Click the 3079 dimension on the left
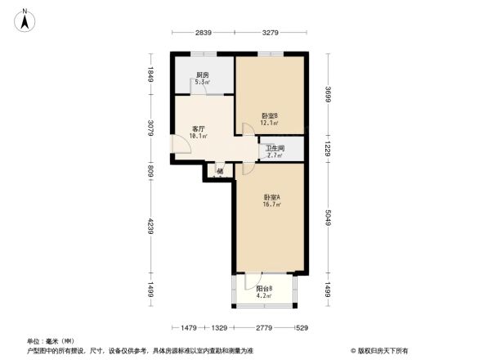pyautogui.click(x=150, y=129)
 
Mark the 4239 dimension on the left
pyautogui.click(x=150, y=225)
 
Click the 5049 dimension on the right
pyautogui.click(x=328, y=217)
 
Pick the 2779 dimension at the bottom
pyautogui.click(x=261, y=328)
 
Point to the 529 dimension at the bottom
pyautogui.click(x=303, y=328)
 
